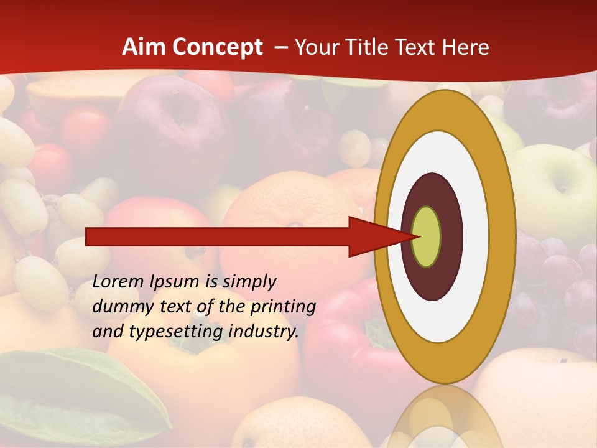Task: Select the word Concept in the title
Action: point(216,47)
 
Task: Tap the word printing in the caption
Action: point(281,307)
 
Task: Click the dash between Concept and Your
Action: point(280,47)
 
